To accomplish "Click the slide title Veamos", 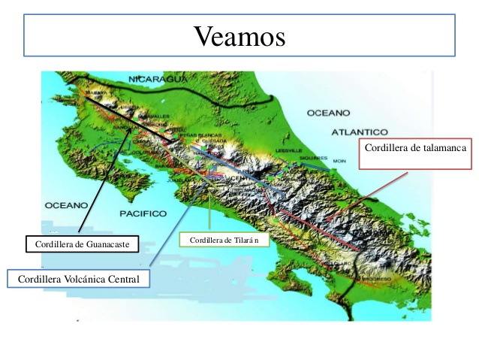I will (239, 35).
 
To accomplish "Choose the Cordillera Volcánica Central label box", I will (79, 279).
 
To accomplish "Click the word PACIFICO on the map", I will (143, 213).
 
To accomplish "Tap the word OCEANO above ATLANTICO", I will (328, 113).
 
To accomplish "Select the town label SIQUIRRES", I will (312, 159).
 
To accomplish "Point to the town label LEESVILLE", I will (288, 151).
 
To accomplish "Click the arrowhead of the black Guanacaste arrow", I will (136, 129).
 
